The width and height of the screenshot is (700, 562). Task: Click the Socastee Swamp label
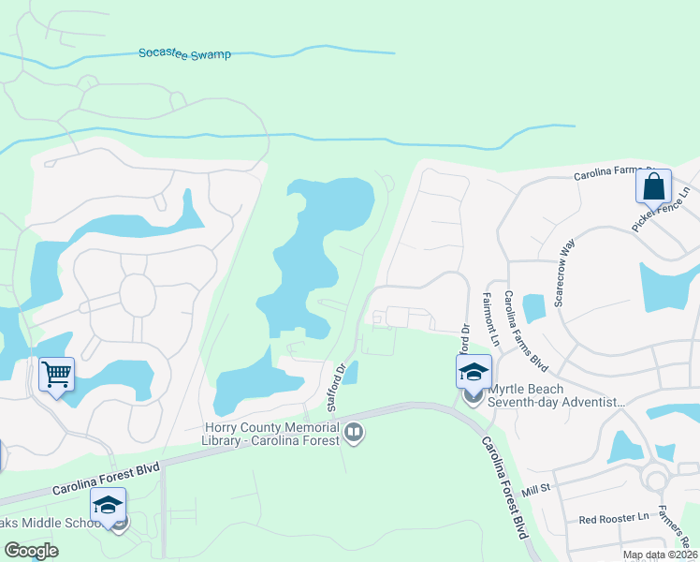click(x=184, y=54)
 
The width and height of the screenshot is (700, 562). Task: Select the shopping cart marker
click(x=56, y=375)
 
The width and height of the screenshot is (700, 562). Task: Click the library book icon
click(x=354, y=432)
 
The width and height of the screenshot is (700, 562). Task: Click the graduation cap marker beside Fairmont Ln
click(x=474, y=372)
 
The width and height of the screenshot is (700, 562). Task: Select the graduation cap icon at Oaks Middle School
click(x=108, y=505)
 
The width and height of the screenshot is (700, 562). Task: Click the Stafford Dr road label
click(x=337, y=386)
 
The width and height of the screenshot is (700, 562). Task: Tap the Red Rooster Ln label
click(x=613, y=518)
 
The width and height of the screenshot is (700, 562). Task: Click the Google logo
click(x=31, y=550)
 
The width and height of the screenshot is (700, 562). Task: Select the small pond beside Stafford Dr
click(x=349, y=373)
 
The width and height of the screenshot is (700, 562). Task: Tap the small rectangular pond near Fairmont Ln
click(x=533, y=308)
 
